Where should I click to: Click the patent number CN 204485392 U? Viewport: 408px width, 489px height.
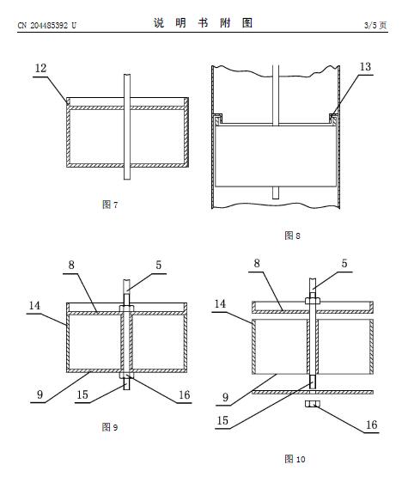click(x=47, y=25)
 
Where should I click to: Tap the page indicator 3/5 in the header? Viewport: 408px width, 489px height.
click(x=370, y=25)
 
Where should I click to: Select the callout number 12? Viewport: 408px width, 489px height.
click(x=40, y=68)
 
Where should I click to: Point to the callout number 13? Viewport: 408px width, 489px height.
click(x=365, y=66)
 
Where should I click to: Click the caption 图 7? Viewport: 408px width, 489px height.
click(x=110, y=205)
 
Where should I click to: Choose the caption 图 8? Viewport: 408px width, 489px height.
click(x=292, y=235)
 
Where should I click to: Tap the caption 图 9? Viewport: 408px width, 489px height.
click(x=110, y=427)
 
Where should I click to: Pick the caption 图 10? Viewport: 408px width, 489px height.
click(x=295, y=459)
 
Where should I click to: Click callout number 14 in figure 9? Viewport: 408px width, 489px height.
click(x=34, y=305)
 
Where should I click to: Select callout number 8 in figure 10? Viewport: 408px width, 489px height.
click(x=257, y=263)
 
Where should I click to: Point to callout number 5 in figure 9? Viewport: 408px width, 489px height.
click(x=159, y=265)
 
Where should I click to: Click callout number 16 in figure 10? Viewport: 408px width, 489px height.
click(x=371, y=425)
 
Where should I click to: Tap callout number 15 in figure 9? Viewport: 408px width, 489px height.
click(x=82, y=394)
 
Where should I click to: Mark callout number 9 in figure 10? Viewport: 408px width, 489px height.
click(x=225, y=397)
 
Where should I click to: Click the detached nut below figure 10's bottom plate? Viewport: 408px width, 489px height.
click(x=313, y=404)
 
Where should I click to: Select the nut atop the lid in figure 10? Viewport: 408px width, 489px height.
click(x=313, y=301)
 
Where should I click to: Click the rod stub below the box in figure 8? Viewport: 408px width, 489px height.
click(x=276, y=193)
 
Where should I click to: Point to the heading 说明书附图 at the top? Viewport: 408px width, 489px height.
click(x=203, y=23)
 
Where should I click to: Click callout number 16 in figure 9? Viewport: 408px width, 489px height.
click(x=184, y=394)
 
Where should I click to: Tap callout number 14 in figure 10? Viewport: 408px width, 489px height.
click(x=220, y=303)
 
